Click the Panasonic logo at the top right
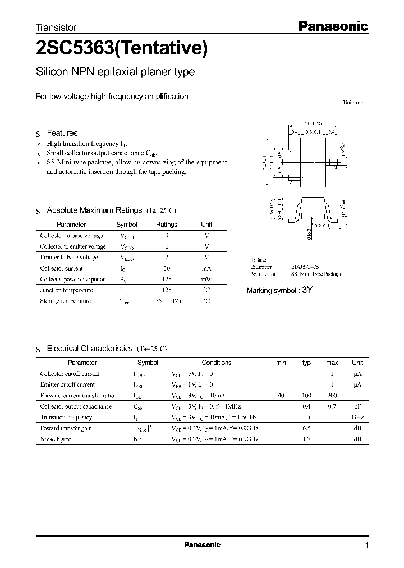332,26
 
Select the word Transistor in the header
56,27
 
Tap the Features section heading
62,133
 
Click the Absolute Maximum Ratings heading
94,210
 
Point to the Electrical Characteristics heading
89,349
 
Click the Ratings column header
167,225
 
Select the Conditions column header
217,363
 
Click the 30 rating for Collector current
167,268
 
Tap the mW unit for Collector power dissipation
206,279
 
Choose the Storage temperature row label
65,301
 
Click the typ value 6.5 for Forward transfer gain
307,428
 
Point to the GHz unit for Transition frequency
357,418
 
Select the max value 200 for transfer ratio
332,396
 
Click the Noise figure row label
56,439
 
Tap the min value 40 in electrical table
281,396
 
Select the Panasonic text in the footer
203,545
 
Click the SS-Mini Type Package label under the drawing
316,274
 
